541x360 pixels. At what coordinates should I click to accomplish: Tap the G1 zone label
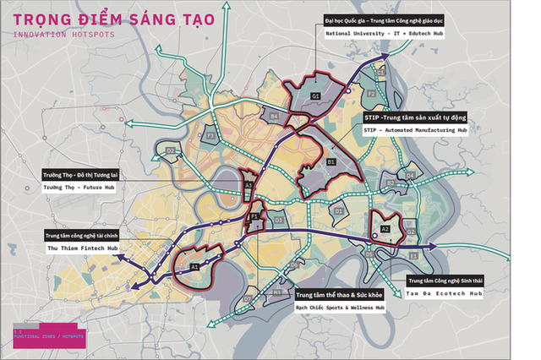314,97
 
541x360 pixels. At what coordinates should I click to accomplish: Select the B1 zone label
331,161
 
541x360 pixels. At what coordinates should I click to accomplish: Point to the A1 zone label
194,266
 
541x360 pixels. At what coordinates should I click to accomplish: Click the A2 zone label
384,227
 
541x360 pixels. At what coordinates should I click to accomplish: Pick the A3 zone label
248,184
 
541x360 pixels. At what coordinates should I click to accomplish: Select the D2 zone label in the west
170,152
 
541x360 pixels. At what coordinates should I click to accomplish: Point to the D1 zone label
338,210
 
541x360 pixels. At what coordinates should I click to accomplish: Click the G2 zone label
410,231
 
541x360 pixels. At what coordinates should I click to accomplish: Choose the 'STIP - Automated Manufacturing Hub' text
415,131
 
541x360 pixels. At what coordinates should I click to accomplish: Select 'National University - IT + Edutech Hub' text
385,34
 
